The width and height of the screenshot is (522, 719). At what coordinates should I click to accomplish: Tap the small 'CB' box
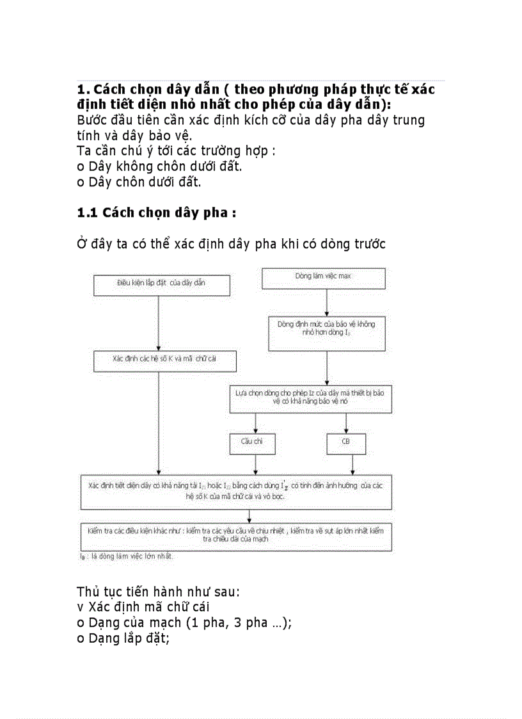tap(345, 442)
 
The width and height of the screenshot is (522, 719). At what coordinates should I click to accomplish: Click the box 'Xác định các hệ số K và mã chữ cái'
tap(164, 360)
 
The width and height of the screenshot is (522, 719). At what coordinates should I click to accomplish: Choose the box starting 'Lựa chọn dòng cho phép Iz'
tap(310, 398)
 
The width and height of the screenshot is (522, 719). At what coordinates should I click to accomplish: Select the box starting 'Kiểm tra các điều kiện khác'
tap(235, 535)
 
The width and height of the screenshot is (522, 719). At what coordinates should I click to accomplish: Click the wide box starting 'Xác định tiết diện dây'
tap(235, 491)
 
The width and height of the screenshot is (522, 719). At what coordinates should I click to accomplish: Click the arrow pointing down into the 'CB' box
tap(346, 423)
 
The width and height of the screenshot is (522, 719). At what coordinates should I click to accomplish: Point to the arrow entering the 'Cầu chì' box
tap(256, 423)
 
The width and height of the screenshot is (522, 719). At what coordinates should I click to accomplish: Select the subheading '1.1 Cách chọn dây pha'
tap(157, 212)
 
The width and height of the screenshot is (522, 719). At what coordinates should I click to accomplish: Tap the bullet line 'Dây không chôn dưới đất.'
tap(159, 166)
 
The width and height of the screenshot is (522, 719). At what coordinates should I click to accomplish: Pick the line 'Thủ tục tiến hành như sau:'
tap(159, 590)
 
